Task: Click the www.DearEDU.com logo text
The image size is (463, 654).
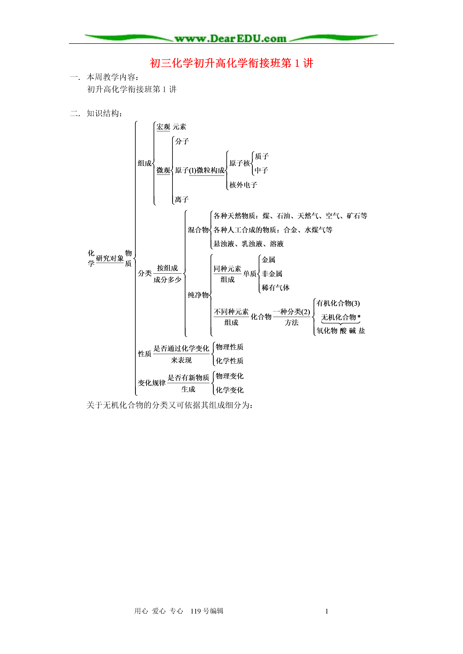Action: coord(231,39)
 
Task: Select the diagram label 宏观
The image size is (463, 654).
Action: coord(163,127)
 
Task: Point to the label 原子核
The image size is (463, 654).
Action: coord(240,163)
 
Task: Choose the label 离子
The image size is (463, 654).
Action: coord(182,199)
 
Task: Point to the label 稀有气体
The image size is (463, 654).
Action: coord(275,288)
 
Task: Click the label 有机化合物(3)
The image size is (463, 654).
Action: coord(338,303)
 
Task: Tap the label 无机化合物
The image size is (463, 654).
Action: coord(338,317)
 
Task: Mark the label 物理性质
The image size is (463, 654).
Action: coord(230,347)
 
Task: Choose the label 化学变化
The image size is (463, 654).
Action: coord(230,390)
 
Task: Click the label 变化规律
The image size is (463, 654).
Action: coord(152,383)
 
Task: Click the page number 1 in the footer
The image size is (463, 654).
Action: coord(327,611)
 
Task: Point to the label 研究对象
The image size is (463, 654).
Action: coord(110,258)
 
